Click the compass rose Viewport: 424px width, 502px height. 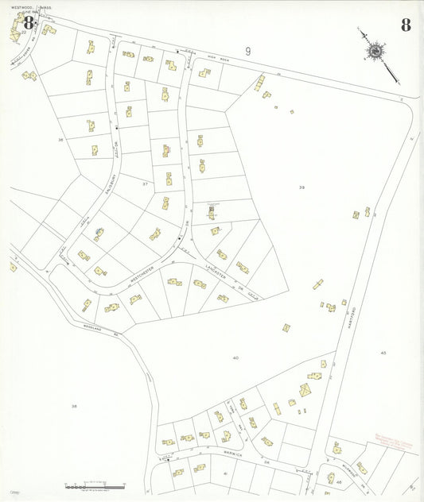point(374,51)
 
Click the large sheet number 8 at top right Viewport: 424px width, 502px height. point(406,25)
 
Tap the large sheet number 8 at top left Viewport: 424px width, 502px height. point(29,23)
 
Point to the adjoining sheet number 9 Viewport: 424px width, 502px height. point(248,52)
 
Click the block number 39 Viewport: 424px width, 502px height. point(301,187)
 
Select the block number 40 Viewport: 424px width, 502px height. point(235,358)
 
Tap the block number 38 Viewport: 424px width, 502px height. point(74,406)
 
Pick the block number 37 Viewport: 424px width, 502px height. point(145,183)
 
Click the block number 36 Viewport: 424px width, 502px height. point(60,140)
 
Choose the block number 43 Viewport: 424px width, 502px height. point(383,352)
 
